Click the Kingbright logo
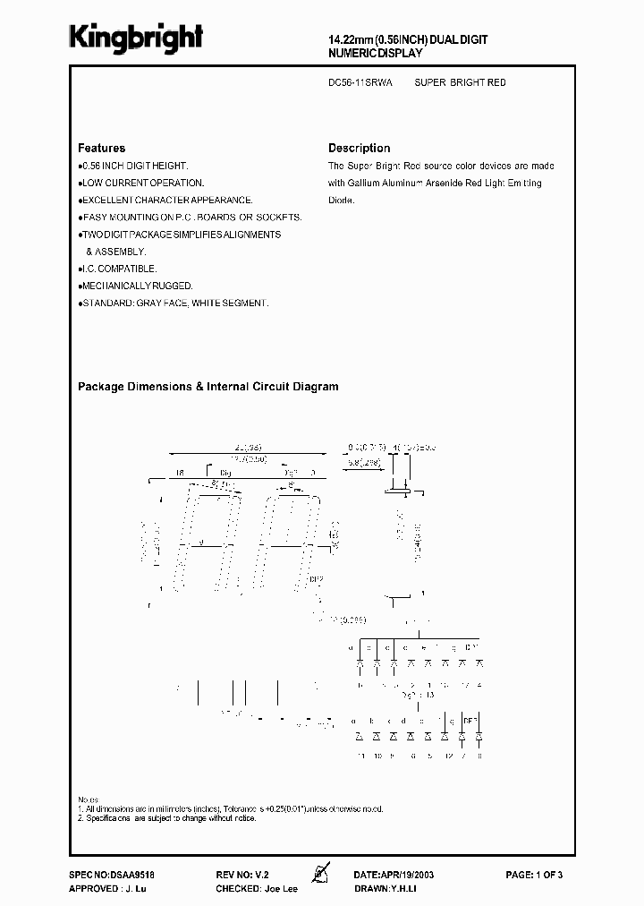click(x=136, y=38)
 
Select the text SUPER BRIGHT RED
click(x=461, y=82)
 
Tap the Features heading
click(x=101, y=148)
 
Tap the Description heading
click(x=359, y=148)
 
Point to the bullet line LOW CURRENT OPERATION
click(x=143, y=184)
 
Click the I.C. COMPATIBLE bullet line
click(x=119, y=269)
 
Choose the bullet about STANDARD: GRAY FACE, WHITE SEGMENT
click(x=174, y=303)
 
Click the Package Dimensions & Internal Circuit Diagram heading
click(x=208, y=387)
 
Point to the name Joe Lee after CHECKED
click(x=280, y=888)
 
